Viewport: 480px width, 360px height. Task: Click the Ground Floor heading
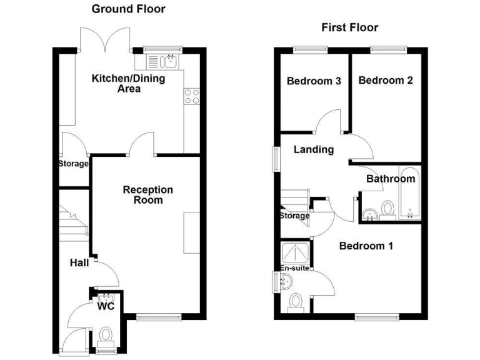point(128,9)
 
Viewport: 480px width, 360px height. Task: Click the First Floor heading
point(349,27)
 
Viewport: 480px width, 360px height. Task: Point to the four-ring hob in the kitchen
point(191,96)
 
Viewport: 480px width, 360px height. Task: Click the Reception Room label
point(147,194)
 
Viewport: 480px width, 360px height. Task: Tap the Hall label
point(79,263)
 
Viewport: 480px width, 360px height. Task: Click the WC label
point(105,307)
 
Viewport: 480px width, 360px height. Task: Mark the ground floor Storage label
point(74,164)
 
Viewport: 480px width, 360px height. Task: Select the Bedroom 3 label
point(314,81)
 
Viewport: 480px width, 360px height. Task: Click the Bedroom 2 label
point(386,81)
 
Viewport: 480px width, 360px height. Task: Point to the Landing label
point(314,150)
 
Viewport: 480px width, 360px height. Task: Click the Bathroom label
point(391,179)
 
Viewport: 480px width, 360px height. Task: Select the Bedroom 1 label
point(366,246)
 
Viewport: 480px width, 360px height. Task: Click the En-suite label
point(294,269)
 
